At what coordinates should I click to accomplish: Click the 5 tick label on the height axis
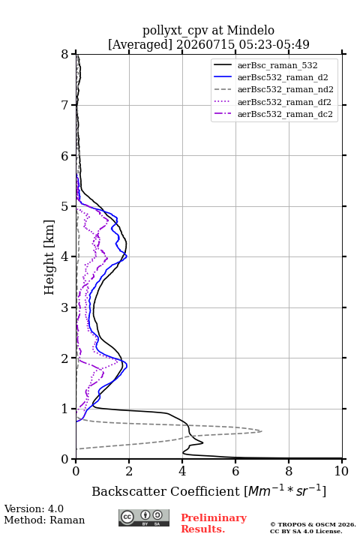(x=65, y=206)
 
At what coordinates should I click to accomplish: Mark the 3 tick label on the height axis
(x=65, y=307)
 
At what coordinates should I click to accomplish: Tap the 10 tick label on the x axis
(x=341, y=471)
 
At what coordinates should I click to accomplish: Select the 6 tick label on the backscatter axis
(x=235, y=471)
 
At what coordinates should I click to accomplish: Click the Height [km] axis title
(x=49, y=257)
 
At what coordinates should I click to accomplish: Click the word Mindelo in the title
(x=250, y=30)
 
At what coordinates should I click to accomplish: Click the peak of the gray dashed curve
(x=262, y=430)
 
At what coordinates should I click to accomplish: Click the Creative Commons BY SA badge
(x=144, y=517)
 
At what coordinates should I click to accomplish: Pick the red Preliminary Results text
(x=214, y=523)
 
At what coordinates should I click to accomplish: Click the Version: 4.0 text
(x=34, y=508)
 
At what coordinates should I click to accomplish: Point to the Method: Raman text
(x=44, y=520)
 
